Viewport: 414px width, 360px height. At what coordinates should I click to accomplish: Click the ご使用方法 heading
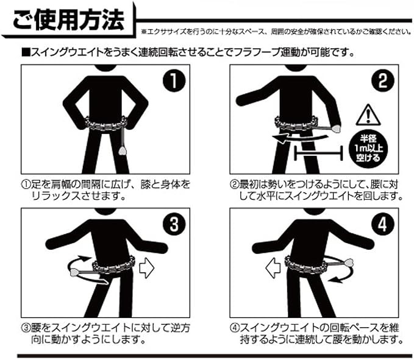click(68, 19)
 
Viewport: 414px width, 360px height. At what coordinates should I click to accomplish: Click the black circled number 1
click(174, 80)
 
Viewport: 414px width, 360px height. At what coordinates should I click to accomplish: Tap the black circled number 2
click(382, 80)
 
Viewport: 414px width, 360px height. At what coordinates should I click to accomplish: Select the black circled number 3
click(174, 224)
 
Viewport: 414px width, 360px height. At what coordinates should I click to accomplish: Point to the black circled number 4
click(382, 224)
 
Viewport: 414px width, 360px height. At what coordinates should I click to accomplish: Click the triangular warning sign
click(368, 115)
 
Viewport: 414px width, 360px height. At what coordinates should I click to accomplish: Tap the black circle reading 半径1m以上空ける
click(368, 149)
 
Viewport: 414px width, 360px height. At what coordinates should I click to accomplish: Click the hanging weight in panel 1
click(122, 151)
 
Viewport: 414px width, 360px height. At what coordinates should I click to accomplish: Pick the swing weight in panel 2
click(336, 129)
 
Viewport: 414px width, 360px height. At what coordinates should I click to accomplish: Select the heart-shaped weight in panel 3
click(74, 272)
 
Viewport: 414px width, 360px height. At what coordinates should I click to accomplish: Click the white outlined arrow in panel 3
click(146, 268)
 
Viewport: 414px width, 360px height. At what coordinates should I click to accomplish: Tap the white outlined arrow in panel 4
click(273, 267)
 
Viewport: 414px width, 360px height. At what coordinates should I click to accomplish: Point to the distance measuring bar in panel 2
click(318, 153)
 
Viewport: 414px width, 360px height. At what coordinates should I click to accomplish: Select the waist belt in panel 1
click(105, 124)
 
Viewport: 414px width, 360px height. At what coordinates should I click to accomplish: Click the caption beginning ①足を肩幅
click(105, 190)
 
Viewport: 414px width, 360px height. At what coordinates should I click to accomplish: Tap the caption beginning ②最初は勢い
click(316, 190)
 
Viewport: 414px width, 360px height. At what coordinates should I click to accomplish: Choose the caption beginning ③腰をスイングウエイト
click(105, 333)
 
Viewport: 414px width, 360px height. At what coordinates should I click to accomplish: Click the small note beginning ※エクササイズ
click(276, 32)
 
